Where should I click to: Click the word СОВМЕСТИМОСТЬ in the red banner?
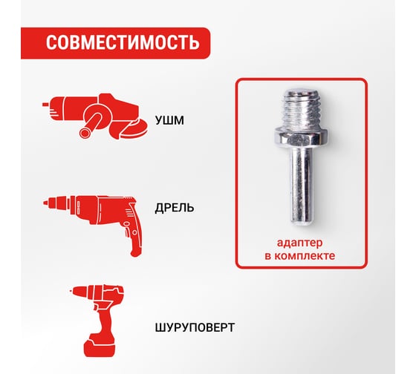pos(123,42)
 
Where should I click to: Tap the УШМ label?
pos(169,121)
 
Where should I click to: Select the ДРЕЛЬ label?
pos(175,208)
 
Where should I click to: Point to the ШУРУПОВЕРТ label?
pos(195,327)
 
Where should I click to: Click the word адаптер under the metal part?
pos(300,243)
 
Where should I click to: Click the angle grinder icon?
pos(96,116)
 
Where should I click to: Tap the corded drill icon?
pos(92,226)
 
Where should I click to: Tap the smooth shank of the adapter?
pos(301,186)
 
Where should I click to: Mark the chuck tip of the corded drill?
pos(45,203)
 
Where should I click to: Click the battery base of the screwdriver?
pos(100,346)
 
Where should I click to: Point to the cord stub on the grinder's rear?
pos(45,104)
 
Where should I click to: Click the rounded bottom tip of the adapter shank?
pos(301,223)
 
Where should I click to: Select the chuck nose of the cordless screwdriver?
pos(72,291)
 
